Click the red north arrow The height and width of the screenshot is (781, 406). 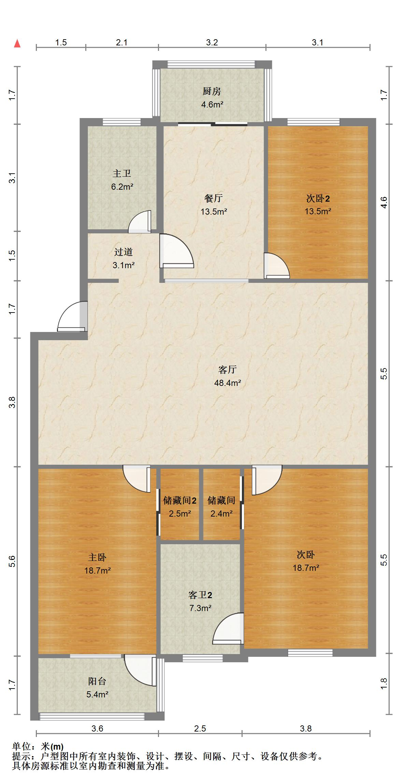(17, 43)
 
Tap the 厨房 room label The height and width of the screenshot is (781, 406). (212, 91)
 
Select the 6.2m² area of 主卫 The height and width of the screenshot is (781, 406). (122, 187)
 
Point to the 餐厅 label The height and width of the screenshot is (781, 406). (214, 198)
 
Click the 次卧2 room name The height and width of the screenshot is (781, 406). (318, 198)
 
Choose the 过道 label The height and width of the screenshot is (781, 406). (123, 252)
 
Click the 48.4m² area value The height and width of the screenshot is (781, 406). (228, 383)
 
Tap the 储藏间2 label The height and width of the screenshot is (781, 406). (179, 501)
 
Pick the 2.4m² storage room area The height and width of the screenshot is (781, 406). (221, 513)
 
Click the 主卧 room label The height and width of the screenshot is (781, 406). (97, 557)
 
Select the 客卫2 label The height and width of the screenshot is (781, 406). (200, 595)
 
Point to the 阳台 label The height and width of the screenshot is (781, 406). (97, 681)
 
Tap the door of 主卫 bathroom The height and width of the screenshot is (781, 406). (140, 222)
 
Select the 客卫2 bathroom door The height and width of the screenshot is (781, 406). (228, 628)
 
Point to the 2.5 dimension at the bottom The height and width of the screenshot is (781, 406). (200, 728)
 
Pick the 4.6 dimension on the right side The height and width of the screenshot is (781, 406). (384, 203)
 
